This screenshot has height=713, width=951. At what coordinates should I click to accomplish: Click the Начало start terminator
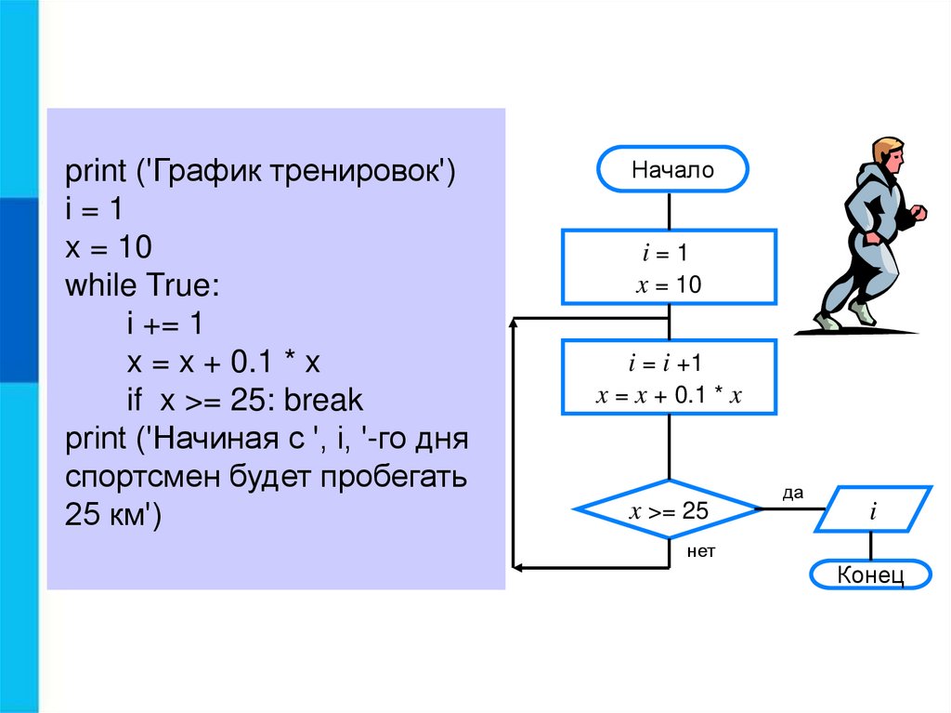672,170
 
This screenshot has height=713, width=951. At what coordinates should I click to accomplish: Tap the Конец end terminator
870,574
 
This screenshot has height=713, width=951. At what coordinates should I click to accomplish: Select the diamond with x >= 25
669,509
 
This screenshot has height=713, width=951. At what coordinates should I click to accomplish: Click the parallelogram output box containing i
873,509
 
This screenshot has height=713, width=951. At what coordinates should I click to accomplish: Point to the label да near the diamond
792,494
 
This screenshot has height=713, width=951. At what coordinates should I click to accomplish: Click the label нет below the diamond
701,551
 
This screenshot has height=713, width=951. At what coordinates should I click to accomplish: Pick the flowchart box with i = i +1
669,377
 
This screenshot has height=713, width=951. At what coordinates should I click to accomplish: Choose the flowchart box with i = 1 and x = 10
669,268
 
